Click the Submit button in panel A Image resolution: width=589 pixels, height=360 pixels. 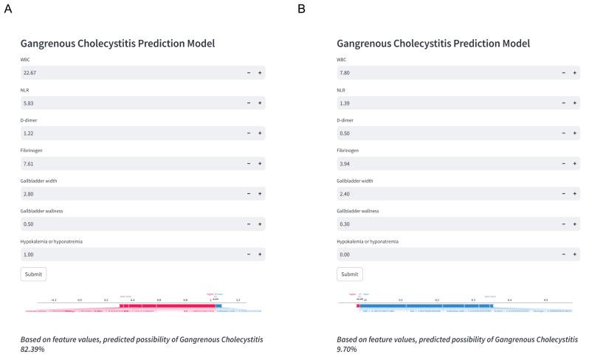33,274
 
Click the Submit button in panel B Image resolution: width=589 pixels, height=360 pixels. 349,274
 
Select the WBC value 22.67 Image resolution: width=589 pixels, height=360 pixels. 30,73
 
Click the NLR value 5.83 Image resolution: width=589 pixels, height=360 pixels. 29,103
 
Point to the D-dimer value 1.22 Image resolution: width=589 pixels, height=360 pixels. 29,134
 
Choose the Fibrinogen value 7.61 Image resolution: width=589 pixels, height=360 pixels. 29,164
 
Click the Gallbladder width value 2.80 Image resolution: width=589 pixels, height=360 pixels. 29,194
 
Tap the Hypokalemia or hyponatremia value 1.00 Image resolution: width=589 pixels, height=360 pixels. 29,255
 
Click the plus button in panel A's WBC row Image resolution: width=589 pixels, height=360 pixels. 260,73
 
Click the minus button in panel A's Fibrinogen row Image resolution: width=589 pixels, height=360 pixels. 248,164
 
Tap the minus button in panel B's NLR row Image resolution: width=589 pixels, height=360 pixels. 564,103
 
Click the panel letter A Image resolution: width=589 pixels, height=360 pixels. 7,8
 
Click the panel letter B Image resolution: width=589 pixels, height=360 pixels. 300,8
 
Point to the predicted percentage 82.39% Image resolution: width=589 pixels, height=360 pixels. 32,349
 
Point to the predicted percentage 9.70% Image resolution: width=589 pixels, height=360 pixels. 347,349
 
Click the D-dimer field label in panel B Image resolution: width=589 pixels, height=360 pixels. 347,120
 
